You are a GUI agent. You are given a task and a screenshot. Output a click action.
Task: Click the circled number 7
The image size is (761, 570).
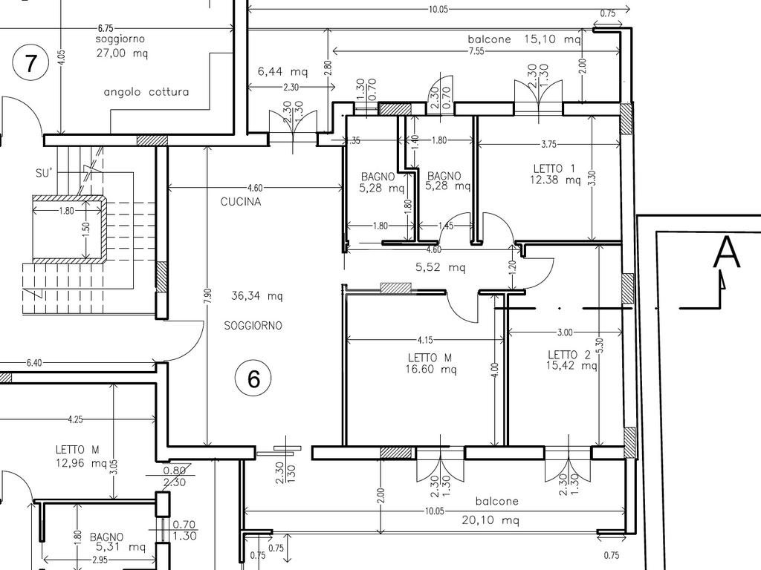(x=30, y=64)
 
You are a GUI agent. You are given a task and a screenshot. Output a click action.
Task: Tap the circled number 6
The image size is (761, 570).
(x=253, y=379)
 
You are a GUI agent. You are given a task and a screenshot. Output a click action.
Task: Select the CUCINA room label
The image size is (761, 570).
(x=241, y=202)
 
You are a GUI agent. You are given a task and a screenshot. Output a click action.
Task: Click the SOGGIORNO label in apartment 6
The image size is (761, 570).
(x=253, y=326)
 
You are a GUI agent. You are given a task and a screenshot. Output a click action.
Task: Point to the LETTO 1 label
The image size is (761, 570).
(x=554, y=168)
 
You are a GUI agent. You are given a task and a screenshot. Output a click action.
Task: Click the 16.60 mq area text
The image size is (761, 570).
(x=431, y=370)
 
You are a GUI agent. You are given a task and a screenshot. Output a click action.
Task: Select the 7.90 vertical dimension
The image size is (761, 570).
(x=208, y=296)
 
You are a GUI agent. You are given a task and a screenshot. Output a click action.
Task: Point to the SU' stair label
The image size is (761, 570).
(x=44, y=173)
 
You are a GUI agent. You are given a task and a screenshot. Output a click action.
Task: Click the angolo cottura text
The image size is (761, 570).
(x=146, y=92)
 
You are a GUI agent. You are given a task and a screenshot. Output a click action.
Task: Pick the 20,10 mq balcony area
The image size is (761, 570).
(x=490, y=520)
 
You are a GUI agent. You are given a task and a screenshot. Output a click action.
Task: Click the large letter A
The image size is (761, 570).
(x=727, y=252)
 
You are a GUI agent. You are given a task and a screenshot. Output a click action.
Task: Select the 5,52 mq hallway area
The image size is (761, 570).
(x=441, y=267)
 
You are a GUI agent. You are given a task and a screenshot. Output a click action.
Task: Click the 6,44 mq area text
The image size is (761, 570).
(x=282, y=72)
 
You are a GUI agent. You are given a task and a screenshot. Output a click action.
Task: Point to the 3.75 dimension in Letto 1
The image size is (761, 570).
(x=548, y=144)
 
